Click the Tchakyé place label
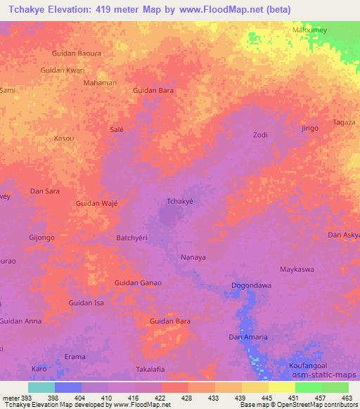click(x=179, y=201)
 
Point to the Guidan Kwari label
click(x=63, y=70)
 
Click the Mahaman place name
click(x=100, y=83)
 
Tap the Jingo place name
click(x=309, y=129)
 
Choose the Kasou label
click(x=64, y=138)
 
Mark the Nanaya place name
click(x=193, y=257)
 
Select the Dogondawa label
click(x=251, y=285)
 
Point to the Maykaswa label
click(x=297, y=269)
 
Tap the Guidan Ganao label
click(x=138, y=283)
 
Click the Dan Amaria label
click(x=248, y=337)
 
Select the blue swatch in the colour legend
click(x=68, y=387)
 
